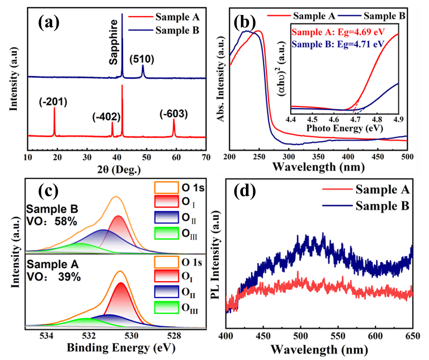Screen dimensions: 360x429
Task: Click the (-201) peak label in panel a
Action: click(x=53, y=102)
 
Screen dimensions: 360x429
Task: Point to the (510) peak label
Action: click(x=142, y=59)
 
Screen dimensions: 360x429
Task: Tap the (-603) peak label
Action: click(x=174, y=114)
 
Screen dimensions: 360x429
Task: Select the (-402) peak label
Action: click(x=106, y=117)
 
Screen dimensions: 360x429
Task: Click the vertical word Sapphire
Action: click(x=113, y=42)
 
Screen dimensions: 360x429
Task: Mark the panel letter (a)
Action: click(x=48, y=23)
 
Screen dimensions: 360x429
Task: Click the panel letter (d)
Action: click(x=245, y=191)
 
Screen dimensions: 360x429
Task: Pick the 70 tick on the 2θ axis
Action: click(x=206, y=157)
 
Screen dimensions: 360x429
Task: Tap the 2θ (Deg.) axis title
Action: click(x=119, y=169)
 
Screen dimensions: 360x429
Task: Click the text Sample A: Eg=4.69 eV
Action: click(x=338, y=32)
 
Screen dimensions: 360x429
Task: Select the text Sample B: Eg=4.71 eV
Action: click(x=338, y=44)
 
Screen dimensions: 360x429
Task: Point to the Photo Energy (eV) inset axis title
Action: click(x=344, y=128)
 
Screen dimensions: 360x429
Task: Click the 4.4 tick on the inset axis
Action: click(x=291, y=119)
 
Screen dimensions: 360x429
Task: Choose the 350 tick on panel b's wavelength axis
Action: click(x=318, y=157)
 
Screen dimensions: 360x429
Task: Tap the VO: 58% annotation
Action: click(x=52, y=221)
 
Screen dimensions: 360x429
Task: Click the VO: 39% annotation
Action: click(x=54, y=277)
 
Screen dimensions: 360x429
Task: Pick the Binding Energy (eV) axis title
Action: click(x=121, y=348)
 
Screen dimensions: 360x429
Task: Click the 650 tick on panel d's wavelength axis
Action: click(x=413, y=336)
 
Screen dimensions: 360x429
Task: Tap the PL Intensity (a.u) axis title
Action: click(x=216, y=255)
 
